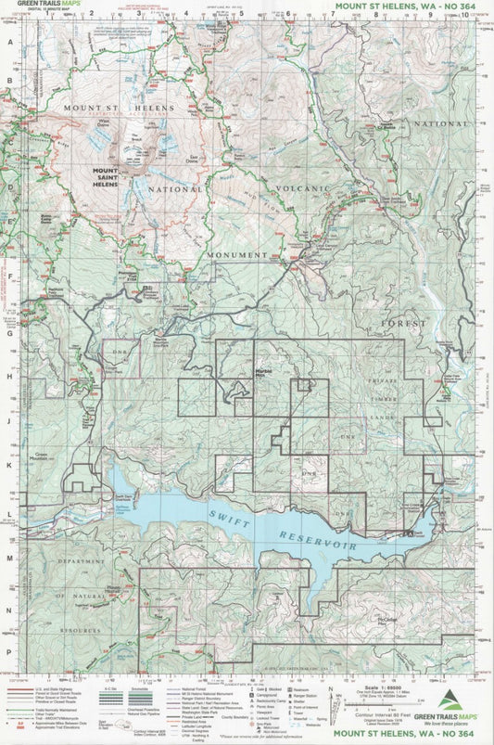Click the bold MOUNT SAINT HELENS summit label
[x=105, y=177]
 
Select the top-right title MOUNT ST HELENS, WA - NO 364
[x=413, y=6]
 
